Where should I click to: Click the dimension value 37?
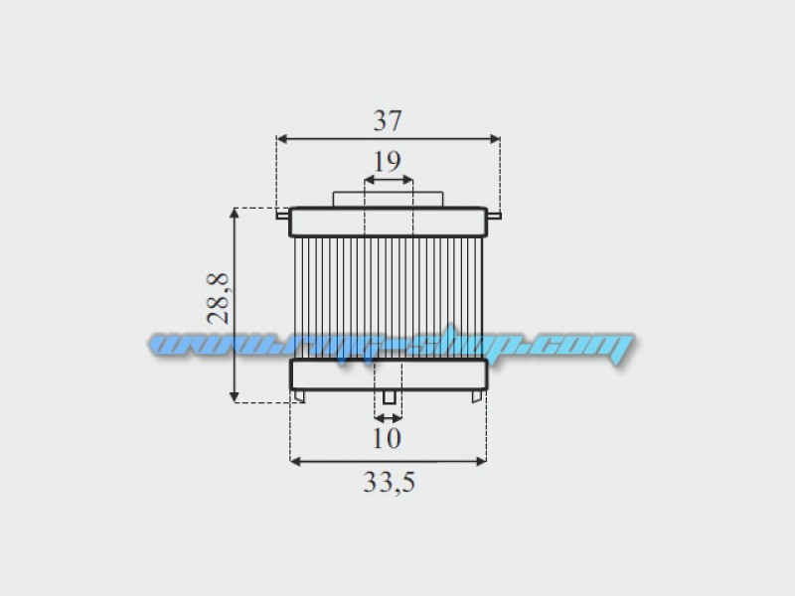pyautogui.click(x=387, y=120)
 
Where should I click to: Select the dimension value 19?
pyautogui.click(x=389, y=160)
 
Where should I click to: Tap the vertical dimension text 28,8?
pyautogui.click(x=220, y=299)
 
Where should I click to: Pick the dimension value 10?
pyautogui.click(x=388, y=437)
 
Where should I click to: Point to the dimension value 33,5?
pyautogui.click(x=388, y=483)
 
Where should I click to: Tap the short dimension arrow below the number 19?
pyautogui.click(x=389, y=180)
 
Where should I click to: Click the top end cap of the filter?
pyautogui.click(x=389, y=222)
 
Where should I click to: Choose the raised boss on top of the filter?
pyautogui.click(x=389, y=199)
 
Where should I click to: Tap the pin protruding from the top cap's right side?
pyautogui.click(x=494, y=215)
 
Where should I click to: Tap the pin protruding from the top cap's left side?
pyautogui.click(x=282, y=215)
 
